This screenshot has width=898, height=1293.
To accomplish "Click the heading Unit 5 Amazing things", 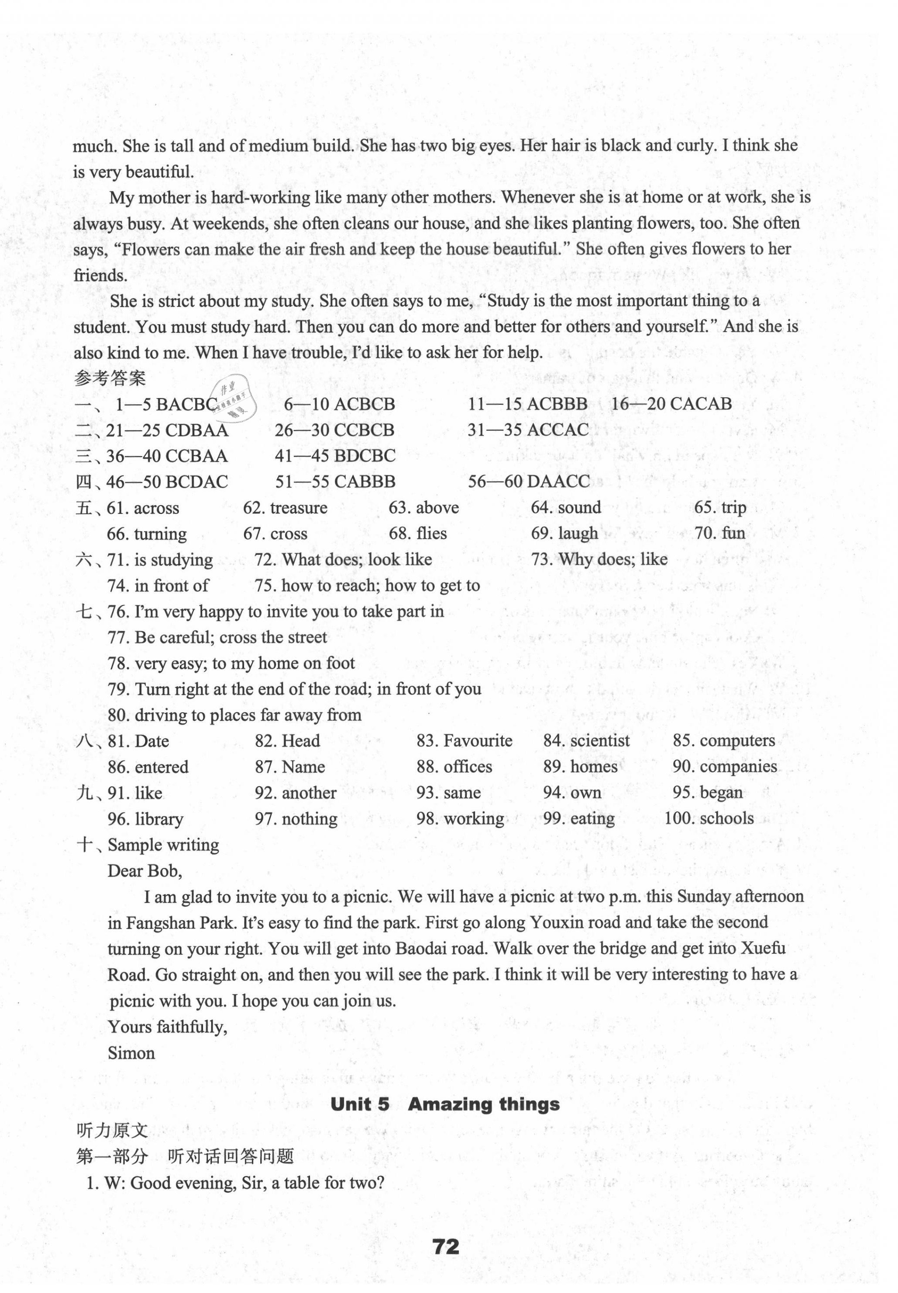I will pos(444,1104).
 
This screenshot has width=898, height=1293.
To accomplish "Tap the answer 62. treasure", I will pos(285,508).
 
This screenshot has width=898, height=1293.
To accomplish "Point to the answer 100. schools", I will pos(709,818).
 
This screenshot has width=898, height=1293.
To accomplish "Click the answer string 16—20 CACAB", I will pos(671,404).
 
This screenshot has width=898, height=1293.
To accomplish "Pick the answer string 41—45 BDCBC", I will pos(335,456).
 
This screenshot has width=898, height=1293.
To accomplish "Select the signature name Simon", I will pos(131,1053).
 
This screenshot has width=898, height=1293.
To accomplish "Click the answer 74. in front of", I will pos(158,586).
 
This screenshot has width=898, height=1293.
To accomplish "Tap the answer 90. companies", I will pos(725,767).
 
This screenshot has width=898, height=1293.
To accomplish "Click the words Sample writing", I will pos(163,845).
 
